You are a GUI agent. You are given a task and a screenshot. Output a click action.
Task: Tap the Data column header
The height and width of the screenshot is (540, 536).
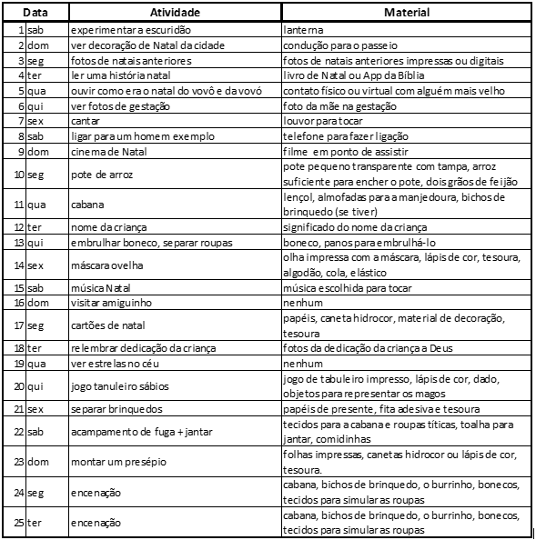35,13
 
